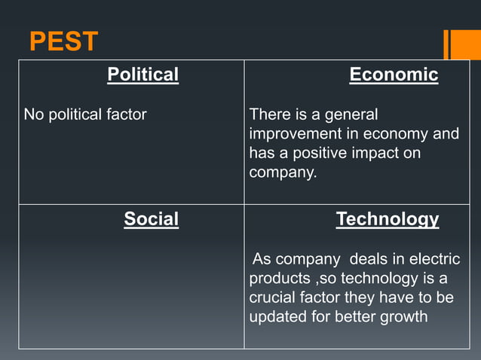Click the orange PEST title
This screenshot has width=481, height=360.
coord(63,42)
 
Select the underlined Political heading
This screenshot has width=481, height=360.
coord(143,75)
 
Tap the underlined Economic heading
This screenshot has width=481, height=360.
coord(394,75)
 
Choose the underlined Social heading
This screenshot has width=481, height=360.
coord(151,219)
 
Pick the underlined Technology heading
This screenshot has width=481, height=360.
coord(387,219)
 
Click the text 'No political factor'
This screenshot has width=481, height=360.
coord(85,114)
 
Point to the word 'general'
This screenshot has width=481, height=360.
coord(351,115)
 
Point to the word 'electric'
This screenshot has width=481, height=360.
coord(434,259)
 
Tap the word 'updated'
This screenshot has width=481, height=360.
coord(277,316)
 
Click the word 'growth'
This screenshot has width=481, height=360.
coord(403,316)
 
